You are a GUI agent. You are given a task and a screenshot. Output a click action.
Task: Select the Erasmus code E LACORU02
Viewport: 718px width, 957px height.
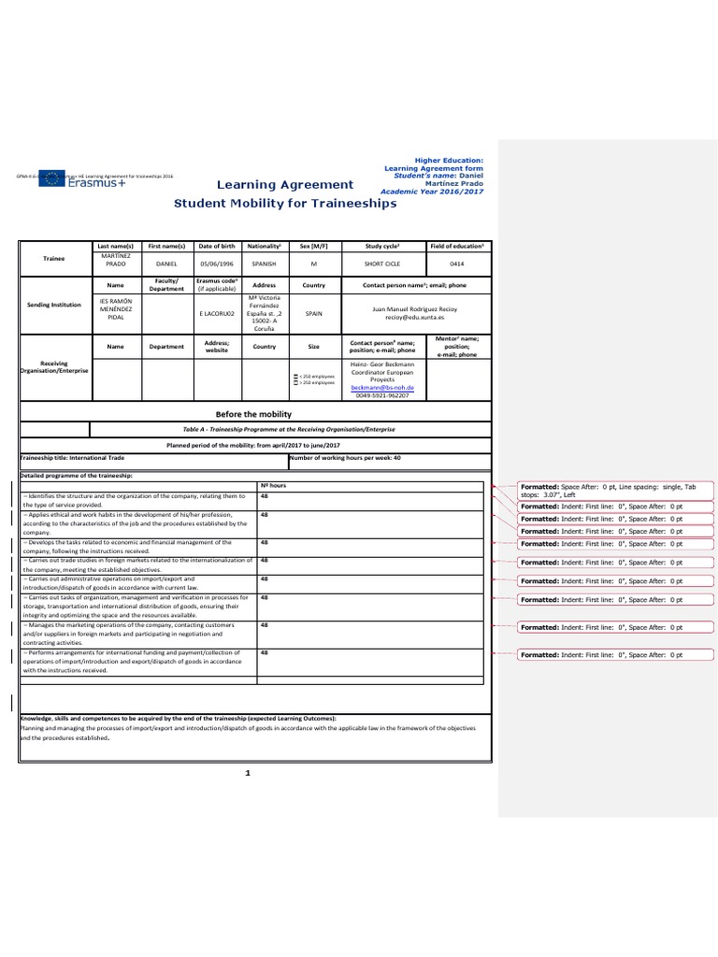[217, 315]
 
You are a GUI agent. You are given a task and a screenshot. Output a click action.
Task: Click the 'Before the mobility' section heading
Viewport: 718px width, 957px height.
[254, 413]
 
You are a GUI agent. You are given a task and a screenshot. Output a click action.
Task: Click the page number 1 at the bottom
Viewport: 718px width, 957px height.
[248, 773]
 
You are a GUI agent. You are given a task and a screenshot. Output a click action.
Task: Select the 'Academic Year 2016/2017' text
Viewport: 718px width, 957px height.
[437, 191]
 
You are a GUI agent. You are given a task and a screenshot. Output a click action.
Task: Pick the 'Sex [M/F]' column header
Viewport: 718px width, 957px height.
[313, 244]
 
